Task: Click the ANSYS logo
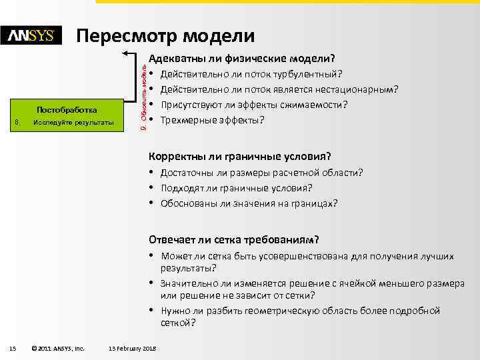[31, 36]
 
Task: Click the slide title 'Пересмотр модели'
[165, 35]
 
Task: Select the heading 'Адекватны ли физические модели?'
[241, 58]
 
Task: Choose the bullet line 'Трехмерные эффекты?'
[213, 120]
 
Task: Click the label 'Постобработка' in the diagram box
[67, 109]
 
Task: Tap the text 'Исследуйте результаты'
[73, 123]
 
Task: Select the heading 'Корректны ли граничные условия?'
[239, 157]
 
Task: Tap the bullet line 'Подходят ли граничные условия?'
[237, 187]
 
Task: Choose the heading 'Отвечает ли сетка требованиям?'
[233, 239]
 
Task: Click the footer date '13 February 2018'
[132, 347]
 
